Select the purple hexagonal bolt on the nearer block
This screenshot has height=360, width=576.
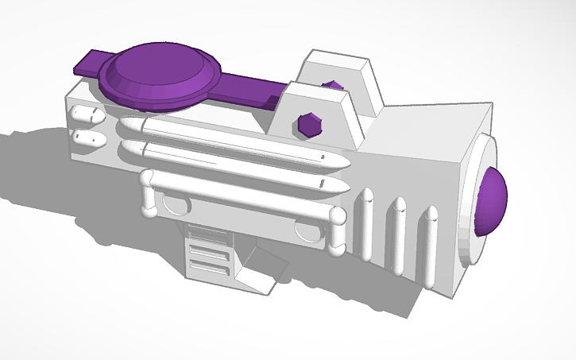click(x=307, y=125)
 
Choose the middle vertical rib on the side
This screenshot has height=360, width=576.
click(x=399, y=234)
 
